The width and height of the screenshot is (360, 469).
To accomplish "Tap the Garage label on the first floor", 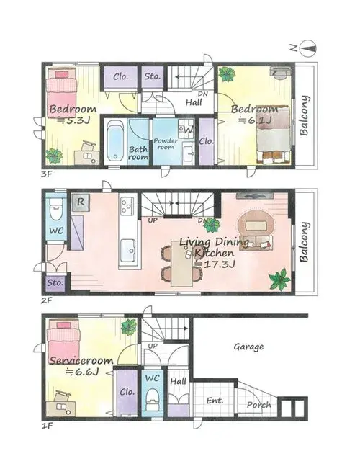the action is coord(248,347).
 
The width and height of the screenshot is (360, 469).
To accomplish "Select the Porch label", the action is coord(258,405).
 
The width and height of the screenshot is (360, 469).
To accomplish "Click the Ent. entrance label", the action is coord(215,401).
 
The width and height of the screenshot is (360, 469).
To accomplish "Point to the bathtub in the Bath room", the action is coord(114,140).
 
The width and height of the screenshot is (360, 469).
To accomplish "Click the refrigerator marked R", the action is coord(80,202).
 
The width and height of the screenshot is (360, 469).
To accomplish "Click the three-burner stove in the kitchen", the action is coord(127,206).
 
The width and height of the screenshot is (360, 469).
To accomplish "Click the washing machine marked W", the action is coord(186,129).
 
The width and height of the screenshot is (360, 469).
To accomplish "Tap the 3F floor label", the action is coord(47,174).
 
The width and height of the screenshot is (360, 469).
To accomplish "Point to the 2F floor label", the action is coord(47,300).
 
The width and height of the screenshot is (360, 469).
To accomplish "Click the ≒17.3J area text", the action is coord(215,264).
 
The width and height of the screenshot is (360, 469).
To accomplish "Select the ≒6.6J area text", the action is coord(82,372).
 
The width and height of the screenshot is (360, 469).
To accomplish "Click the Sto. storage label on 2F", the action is coord(55,282).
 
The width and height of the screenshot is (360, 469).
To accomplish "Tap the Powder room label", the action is coord(166,144).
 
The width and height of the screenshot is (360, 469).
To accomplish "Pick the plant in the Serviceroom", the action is coord(129,326).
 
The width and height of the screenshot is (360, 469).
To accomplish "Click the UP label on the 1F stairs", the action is coord(153,346).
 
